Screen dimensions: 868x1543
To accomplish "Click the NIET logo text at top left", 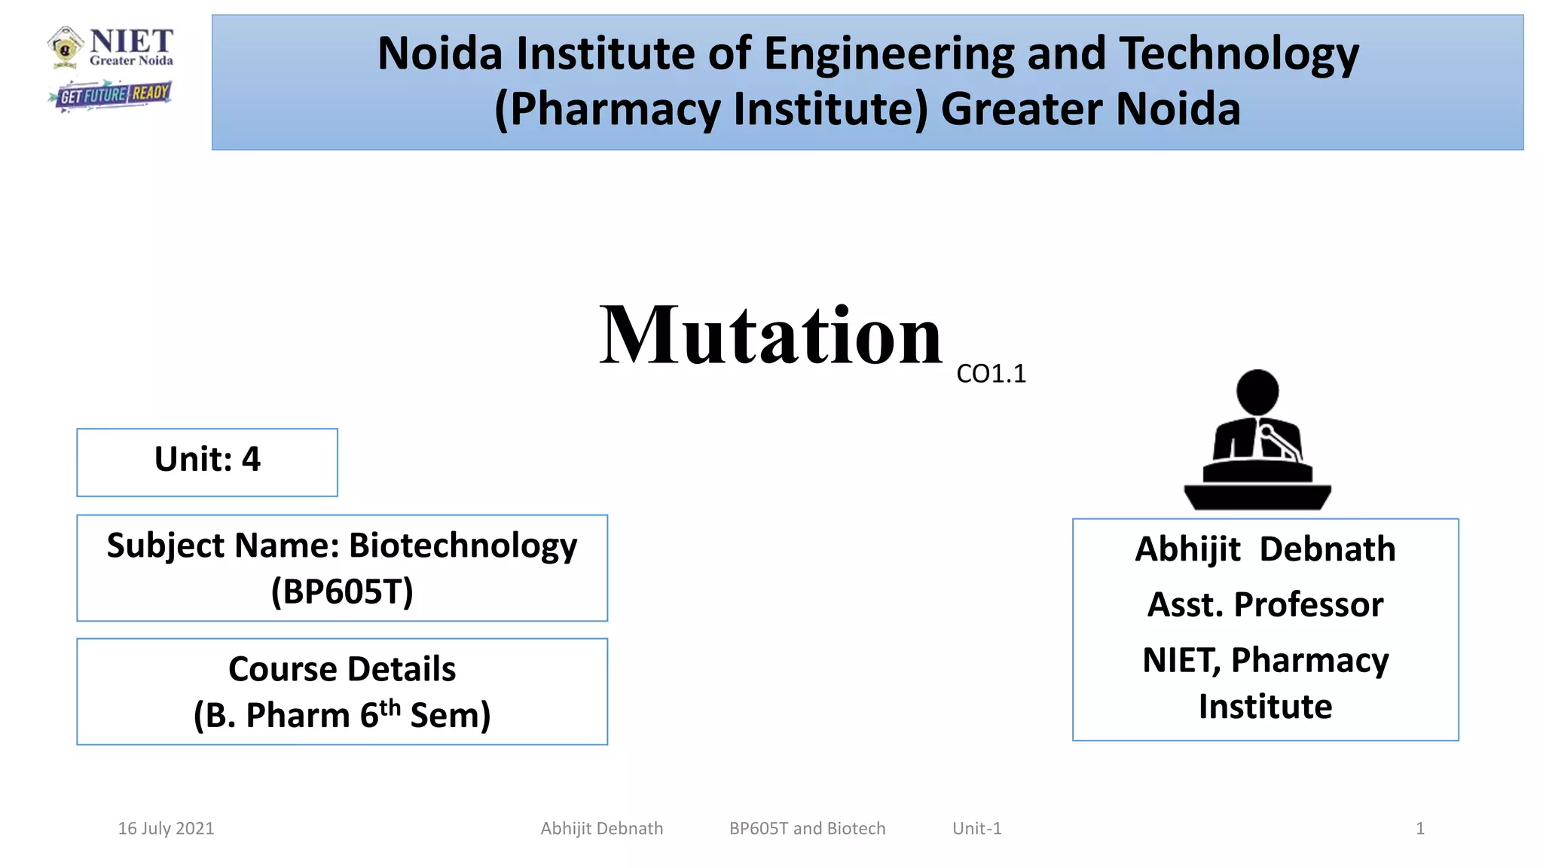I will [131, 42].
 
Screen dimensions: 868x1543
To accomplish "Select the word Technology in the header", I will [1239, 54].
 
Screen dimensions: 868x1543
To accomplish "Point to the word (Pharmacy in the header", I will [607, 109].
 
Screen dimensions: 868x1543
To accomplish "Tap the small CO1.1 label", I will [991, 374].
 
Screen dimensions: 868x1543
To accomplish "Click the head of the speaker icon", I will [1257, 391].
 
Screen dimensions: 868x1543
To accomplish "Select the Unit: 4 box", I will [207, 461].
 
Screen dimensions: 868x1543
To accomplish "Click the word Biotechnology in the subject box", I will [463, 546].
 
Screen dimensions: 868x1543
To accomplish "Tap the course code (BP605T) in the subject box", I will [342, 591].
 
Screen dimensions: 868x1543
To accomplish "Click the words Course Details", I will [342, 669].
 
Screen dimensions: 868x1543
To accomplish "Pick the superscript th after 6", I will [390, 707].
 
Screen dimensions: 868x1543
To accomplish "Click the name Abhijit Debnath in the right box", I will [1265, 549].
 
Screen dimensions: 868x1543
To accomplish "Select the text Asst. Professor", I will [1265, 605].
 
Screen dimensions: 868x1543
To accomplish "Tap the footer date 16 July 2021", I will [166, 829].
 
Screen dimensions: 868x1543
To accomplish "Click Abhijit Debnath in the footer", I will [601, 829].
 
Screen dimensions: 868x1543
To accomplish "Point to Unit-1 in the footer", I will [976, 829].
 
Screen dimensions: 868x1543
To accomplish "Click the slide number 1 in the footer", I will [1419, 829].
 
